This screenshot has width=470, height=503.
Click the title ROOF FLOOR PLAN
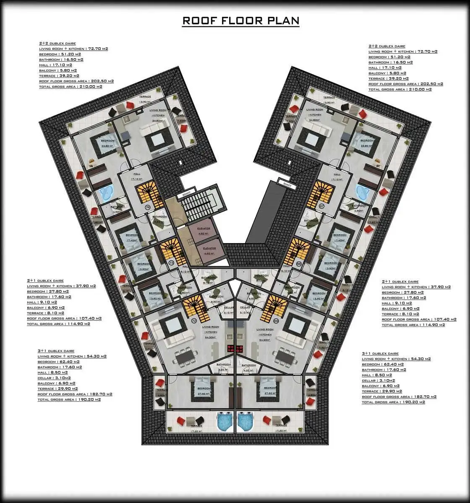[x=240, y=21]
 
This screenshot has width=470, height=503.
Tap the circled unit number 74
[x=148, y=207]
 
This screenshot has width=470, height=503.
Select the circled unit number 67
[x=322, y=206]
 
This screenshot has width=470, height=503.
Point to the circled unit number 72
[x=194, y=321]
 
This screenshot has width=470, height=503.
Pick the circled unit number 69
[x=276, y=321]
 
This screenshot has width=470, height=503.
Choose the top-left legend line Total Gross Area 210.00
[x=70, y=87]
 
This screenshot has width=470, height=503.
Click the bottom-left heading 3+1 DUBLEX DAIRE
[x=56, y=351]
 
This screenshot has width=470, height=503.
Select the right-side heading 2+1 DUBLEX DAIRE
[x=400, y=282]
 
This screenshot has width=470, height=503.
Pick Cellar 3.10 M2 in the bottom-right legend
[x=381, y=381]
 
